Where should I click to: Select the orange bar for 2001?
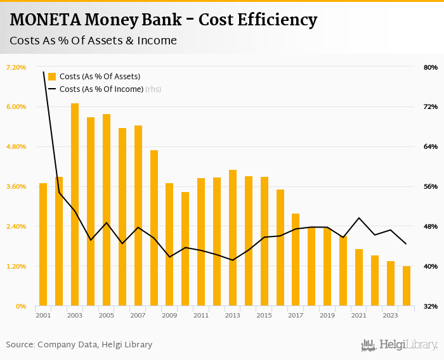click(43, 244)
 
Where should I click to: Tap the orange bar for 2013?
click(233, 238)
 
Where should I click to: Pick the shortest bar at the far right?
click(407, 286)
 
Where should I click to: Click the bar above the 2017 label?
click(296, 259)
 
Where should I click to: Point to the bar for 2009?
click(169, 244)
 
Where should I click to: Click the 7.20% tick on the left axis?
click(16, 67)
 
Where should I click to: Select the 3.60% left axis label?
click(16, 186)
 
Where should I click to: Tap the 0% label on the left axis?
click(20, 306)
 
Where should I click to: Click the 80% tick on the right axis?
click(431, 67)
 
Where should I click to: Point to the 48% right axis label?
click(431, 226)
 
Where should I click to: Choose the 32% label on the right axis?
click(431, 306)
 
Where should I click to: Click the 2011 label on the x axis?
click(201, 315)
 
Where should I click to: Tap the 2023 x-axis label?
click(391, 315)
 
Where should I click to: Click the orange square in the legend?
click(52, 77)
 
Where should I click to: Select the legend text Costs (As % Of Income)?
click(101, 89)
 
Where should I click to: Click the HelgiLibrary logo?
click(400, 345)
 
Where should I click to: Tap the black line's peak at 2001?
click(44, 72)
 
